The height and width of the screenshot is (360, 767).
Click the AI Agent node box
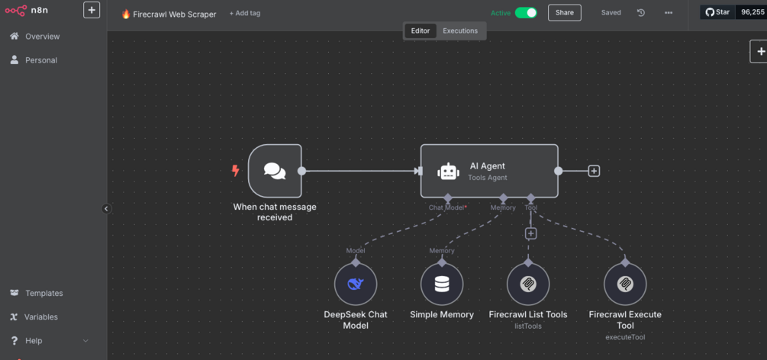[x=489, y=171]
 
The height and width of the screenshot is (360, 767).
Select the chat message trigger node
[x=275, y=171]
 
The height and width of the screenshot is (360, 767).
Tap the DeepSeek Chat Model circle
[x=356, y=284]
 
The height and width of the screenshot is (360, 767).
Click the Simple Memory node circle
[x=442, y=284]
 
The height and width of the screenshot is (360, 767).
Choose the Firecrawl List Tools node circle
[x=528, y=284]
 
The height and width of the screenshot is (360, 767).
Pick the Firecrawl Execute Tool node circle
[x=625, y=284]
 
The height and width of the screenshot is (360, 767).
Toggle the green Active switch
[x=526, y=13]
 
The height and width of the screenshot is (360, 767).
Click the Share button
[x=564, y=13]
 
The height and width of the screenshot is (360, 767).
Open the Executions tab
[x=460, y=31]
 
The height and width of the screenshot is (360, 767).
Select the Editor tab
[x=421, y=31]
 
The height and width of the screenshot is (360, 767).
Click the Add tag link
[x=245, y=13]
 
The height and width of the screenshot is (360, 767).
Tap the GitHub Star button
[x=717, y=12]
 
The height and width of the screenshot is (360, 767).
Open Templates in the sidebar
[x=44, y=293]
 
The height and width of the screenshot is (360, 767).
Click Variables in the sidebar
[x=40, y=317]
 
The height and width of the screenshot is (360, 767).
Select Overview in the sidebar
[x=42, y=37]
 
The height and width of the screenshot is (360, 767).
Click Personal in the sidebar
[x=40, y=60]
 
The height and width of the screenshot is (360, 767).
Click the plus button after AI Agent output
[x=594, y=171]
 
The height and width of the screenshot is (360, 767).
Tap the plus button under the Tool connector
[x=531, y=233]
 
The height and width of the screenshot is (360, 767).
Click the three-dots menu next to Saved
[x=669, y=13]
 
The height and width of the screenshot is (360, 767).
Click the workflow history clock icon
[x=641, y=13]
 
